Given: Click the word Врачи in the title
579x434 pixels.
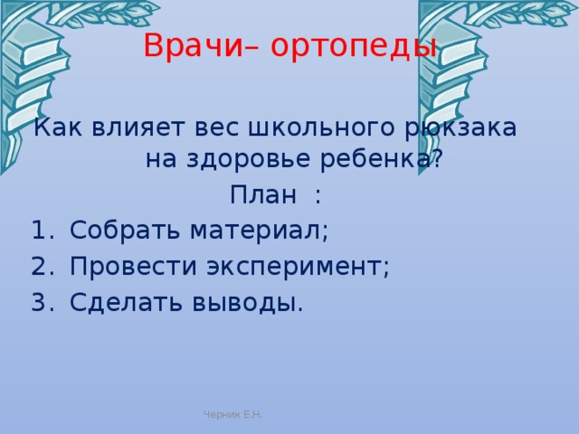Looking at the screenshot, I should click(x=193, y=45).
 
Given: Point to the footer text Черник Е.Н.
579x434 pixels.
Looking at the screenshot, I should click(x=233, y=414).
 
